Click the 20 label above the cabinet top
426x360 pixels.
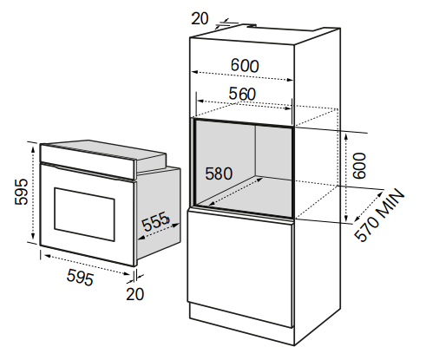pyautogui.click(x=200, y=19)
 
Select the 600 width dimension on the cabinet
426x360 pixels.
pyautogui.click(x=245, y=66)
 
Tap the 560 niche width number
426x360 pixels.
pyautogui.click(x=242, y=94)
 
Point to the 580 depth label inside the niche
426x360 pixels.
pyautogui.click(x=219, y=173)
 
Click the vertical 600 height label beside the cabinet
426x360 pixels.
pyautogui.click(x=360, y=166)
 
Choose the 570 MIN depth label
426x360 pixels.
pyautogui.click(x=379, y=214)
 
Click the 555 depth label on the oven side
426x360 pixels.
pyautogui.click(x=154, y=222)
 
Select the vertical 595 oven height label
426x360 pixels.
pyautogui.click(x=22, y=192)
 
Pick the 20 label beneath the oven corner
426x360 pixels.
pyautogui.click(x=134, y=294)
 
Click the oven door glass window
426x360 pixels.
pyautogui.click(x=84, y=214)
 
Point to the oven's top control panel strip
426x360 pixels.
pyautogui.click(x=88, y=160)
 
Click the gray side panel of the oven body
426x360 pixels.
pyautogui.click(x=159, y=213)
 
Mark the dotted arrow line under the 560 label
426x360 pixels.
pyautogui.click(x=244, y=105)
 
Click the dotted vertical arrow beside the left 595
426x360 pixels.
pyautogui.click(x=33, y=193)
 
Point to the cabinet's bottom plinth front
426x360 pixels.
pyautogui.click(x=242, y=324)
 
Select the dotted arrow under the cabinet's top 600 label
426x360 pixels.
pyautogui.click(x=242, y=75)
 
